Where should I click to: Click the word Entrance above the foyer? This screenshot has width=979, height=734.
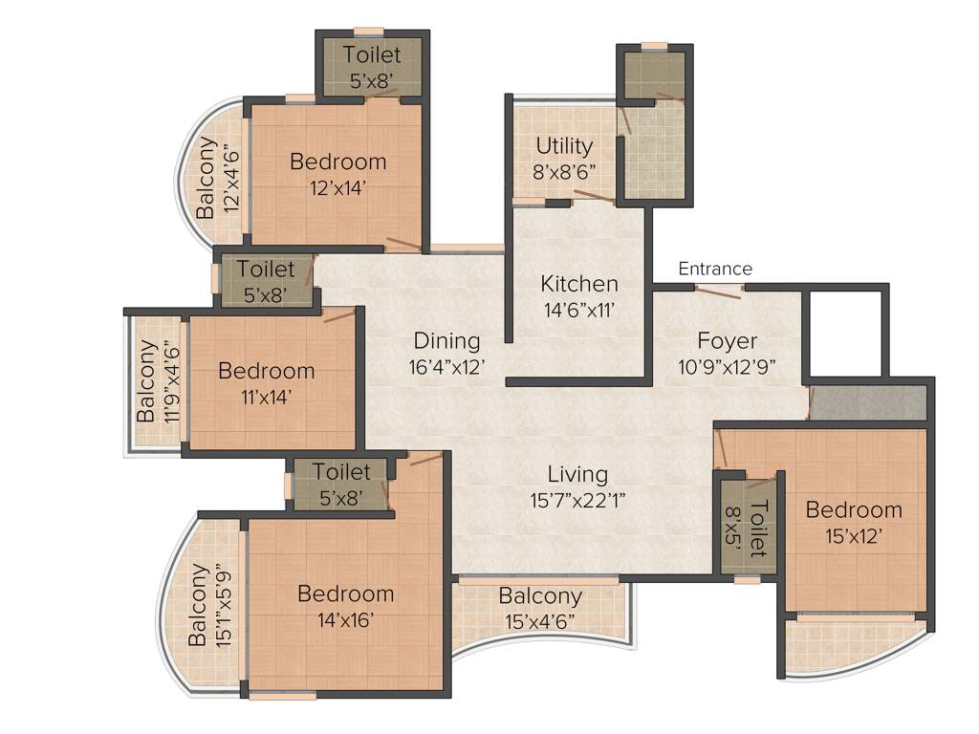pyautogui.click(x=715, y=269)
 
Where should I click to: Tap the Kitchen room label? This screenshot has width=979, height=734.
pyautogui.click(x=579, y=284)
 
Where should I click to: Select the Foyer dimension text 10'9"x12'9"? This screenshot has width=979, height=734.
pyautogui.click(x=727, y=365)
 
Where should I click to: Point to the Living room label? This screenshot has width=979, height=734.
pyautogui.click(x=577, y=474)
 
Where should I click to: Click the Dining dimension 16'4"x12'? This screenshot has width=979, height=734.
pyautogui.click(x=446, y=365)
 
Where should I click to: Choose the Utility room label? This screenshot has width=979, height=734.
pyautogui.click(x=564, y=146)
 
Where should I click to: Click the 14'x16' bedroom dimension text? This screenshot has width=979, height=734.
pyautogui.click(x=345, y=618)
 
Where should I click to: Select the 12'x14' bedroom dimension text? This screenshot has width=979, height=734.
pyautogui.click(x=338, y=186)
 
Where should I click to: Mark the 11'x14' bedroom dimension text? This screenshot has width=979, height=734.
pyautogui.click(x=266, y=395)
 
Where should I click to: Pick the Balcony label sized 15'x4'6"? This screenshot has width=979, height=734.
pyautogui.click(x=540, y=596)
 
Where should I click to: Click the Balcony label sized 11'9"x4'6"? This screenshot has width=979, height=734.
pyautogui.click(x=146, y=382)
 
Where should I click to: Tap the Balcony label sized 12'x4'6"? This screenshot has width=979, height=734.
pyautogui.click(x=206, y=178)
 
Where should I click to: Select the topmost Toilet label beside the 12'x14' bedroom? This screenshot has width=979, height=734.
pyautogui.click(x=372, y=55)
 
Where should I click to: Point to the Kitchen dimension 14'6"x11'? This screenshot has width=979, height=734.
pyautogui.click(x=579, y=309)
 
